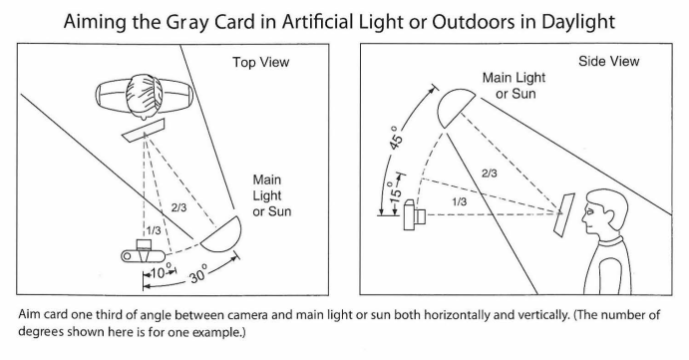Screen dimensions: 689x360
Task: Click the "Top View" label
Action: [260, 62]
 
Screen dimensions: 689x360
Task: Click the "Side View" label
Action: [608, 61]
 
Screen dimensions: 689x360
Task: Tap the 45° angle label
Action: [396, 138]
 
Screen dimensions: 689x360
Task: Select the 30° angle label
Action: [197, 274]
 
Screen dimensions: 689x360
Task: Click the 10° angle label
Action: [159, 272]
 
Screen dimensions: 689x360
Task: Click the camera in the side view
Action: [415, 215]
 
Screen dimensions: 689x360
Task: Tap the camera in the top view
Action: [144, 252]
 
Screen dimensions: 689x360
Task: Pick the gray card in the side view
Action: [564, 214]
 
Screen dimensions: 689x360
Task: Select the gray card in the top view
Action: [144, 130]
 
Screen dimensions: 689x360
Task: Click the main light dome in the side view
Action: [455, 107]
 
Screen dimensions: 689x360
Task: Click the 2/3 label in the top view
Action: [178, 207]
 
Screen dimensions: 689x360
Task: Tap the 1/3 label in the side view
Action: [460, 201]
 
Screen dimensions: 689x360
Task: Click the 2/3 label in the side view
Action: [489, 174]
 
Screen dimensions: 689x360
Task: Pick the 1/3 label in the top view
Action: [154, 230]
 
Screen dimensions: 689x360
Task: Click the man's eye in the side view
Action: [590, 211]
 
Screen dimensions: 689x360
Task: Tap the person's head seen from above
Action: [144, 97]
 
